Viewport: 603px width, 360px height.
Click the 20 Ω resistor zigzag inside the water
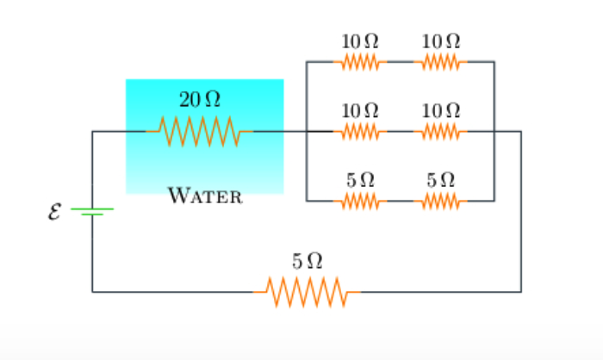(x=199, y=132)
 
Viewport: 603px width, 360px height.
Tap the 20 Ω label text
(x=199, y=100)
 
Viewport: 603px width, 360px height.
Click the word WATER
(x=205, y=196)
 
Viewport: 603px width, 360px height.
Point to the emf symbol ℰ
(x=54, y=210)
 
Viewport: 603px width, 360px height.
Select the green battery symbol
(x=91, y=210)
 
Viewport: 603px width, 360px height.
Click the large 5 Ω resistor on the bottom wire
(x=307, y=292)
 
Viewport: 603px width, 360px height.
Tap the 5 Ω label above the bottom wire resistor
(x=307, y=260)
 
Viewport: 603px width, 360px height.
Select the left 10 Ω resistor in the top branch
(x=360, y=62)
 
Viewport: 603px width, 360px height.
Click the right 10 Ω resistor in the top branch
(x=440, y=62)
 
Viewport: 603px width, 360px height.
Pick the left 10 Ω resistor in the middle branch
(x=360, y=132)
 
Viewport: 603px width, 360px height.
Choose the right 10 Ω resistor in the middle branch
(x=440, y=132)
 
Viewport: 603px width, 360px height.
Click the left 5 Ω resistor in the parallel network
(x=360, y=202)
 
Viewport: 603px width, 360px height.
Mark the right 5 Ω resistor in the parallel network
(x=440, y=202)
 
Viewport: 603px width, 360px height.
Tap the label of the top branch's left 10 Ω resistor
(x=360, y=41)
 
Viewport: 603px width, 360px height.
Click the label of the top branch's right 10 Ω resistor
(x=441, y=41)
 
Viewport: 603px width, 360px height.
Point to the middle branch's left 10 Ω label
(x=360, y=111)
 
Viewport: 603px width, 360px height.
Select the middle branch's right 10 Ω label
(x=441, y=111)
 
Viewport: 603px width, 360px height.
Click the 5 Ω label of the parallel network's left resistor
(x=360, y=181)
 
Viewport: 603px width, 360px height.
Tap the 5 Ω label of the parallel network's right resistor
(x=441, y=181)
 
